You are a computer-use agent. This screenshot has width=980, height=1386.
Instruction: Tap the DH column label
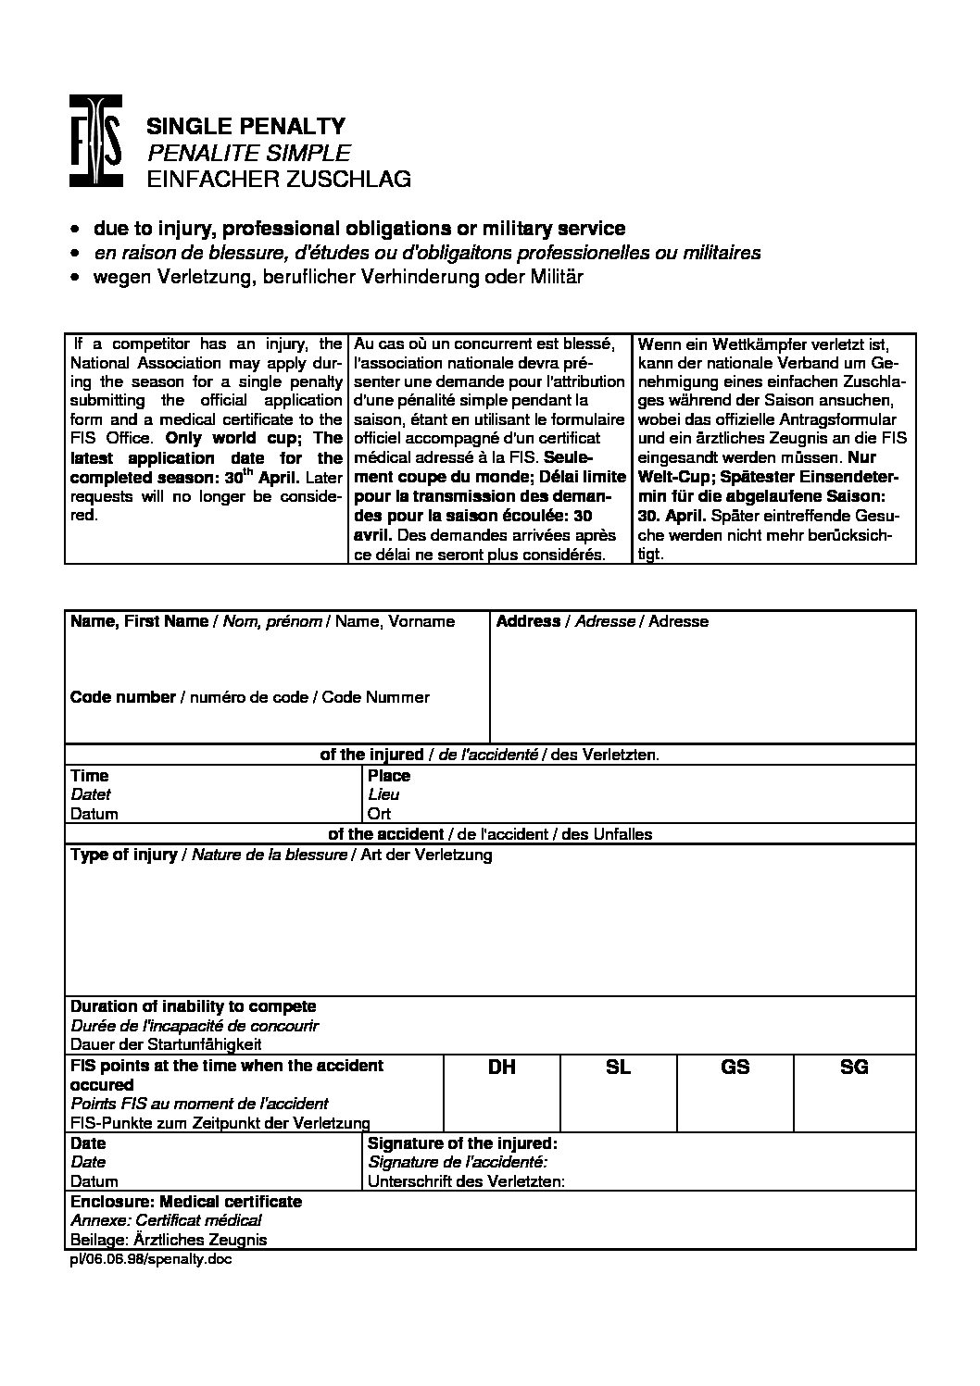point(502,1068)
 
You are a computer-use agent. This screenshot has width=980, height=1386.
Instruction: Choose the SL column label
point(618,1068)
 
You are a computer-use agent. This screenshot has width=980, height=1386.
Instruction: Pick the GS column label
point(735,1068)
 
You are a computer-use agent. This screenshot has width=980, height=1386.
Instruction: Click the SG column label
point(854,1068)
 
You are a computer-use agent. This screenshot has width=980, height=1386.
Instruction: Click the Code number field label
point(123,697)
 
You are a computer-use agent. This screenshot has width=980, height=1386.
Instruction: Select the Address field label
point(528,621)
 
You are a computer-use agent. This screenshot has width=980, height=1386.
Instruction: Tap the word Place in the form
point(389,776)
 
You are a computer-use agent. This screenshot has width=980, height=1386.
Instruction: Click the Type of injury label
point(124,855)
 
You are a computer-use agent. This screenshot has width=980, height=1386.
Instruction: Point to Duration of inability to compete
point(194,1006)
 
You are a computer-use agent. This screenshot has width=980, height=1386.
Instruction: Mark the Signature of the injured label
point(462,1143)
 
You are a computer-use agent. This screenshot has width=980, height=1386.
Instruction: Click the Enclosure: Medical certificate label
point(186,1202)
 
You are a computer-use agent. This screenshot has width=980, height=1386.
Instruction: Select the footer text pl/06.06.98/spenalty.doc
point(147,1260)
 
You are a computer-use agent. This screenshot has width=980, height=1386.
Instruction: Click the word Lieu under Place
point(383,795)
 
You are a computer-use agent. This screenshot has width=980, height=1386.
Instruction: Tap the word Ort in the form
point(379,815)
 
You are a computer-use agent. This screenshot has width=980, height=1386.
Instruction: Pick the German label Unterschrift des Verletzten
point(466,1181)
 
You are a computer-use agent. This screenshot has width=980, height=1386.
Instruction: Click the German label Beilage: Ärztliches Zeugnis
point(169,1240)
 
